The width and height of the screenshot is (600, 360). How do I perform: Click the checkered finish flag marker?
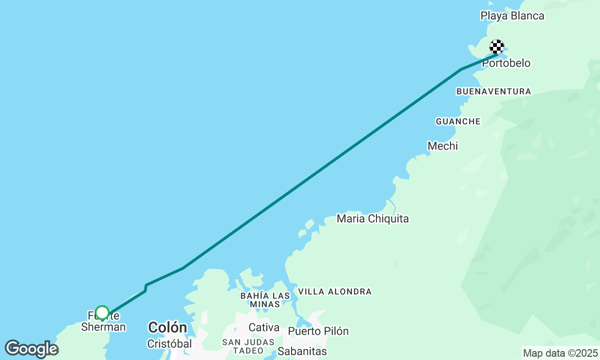click(497, 47)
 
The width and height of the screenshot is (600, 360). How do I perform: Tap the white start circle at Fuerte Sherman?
click(102, 313)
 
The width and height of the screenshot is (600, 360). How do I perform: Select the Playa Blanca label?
click(512, 16)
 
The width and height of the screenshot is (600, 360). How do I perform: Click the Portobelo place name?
click(506, 63)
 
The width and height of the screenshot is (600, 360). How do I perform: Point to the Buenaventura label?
click(494, 91)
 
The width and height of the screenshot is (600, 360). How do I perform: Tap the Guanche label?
click(458, 121)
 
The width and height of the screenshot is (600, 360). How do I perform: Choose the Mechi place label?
click(442, 146)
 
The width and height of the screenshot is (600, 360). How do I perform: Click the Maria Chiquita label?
click(373, 218)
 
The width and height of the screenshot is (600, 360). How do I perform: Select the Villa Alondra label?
click(335, 292)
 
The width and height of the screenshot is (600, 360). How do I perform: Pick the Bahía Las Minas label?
click(265, 300)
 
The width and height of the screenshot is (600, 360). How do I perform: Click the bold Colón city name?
click(167, 327)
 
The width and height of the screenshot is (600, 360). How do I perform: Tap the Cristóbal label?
click(169, 344)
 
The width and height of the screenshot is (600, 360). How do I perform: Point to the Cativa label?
click(264, 327)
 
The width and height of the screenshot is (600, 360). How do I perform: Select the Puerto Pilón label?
click(318, 331)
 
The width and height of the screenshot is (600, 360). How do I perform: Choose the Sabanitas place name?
click(302, 351)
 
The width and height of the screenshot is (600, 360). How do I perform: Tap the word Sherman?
click(103, 327)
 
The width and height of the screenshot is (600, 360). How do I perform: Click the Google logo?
click(31, 349)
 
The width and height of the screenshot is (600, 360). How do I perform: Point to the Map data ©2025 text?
click(560, 353)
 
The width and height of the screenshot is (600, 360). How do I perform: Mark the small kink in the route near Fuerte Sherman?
click(146, 287)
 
